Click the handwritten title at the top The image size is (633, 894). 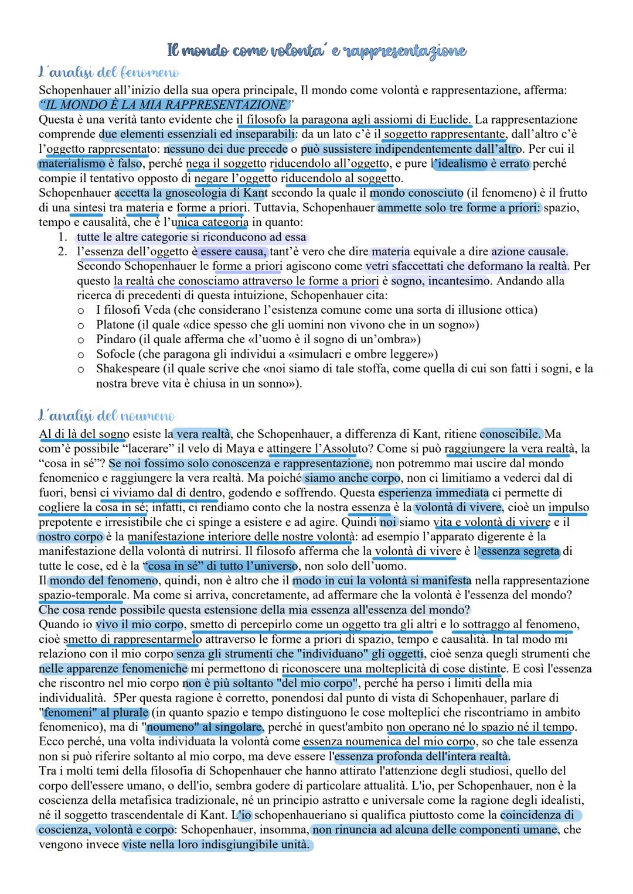[x=316, y=51]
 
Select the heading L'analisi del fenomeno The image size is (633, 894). [x=108, y=73]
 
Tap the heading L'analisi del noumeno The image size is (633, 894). [x=107, y=416]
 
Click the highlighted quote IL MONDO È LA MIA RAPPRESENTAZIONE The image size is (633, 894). [x=165, y=105]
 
